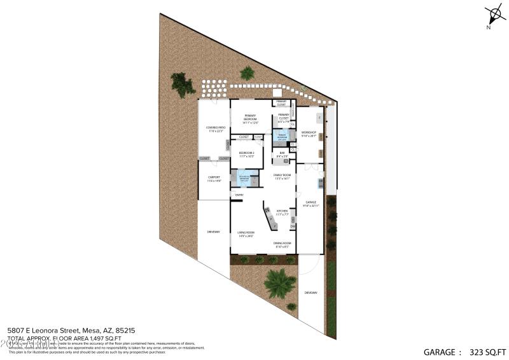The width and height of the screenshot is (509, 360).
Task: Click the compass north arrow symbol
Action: (x=494, y=15)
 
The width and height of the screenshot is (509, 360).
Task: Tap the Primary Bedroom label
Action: (x=250, y=119)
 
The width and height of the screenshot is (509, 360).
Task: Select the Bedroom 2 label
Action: (x=246, y=154)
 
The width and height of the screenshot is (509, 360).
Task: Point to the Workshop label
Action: (x=309, y=134)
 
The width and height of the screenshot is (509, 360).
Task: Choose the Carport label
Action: (x=214, y=181)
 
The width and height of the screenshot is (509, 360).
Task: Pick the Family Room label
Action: (x=282, y=176)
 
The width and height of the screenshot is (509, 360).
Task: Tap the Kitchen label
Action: (x=281, y=212)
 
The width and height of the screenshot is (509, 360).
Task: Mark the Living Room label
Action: (x=246, y=235)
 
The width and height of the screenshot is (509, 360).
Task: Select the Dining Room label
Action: (x=282, y=245)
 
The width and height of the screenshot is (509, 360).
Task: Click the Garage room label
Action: (x=310, y=204)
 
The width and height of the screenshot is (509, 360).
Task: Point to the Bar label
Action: (x=282, y=154)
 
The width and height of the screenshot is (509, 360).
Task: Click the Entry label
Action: (x=239, y=195)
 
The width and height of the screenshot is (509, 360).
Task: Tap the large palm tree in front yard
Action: (x=278, y=282)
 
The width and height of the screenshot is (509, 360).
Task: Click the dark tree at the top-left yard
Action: (x=182, y=84)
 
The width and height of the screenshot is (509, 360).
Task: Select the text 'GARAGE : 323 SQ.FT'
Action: (x=465, y=351)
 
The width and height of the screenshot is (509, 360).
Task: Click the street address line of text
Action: (x=71, y=331)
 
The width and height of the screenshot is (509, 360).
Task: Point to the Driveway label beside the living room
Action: (x=213, y=232)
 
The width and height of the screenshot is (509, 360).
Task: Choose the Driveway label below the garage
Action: (x=310, y=293)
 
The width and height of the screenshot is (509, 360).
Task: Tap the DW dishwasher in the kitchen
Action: (x=293, y=226)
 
